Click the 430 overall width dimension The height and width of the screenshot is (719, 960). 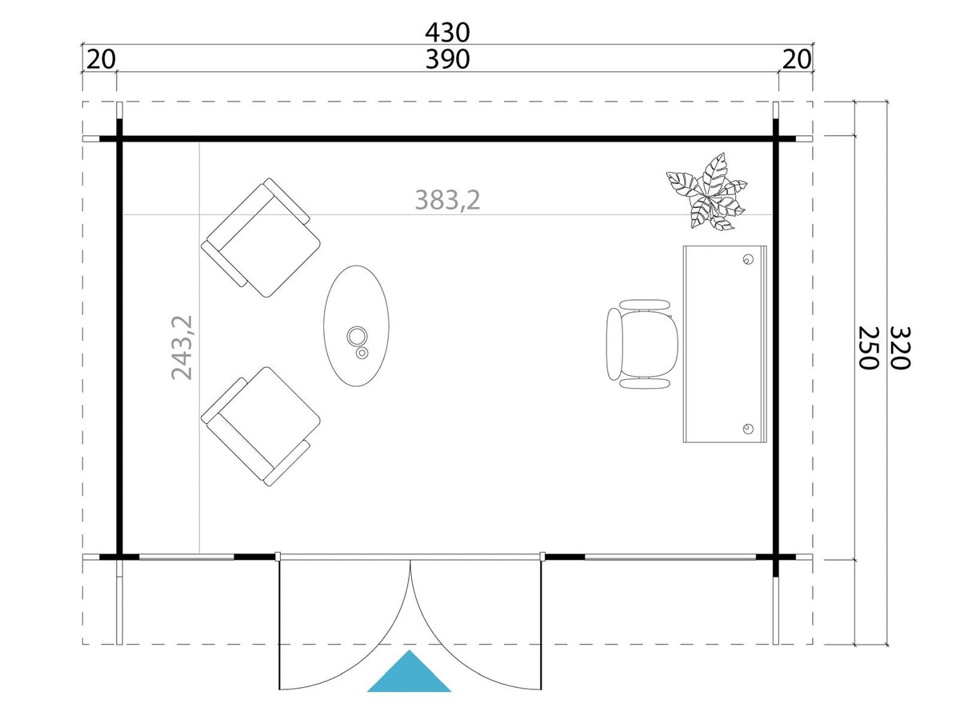click(x=447, y=32)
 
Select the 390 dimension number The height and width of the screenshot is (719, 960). click(x=447, y=59)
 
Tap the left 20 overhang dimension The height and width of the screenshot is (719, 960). click(x=101, y=59)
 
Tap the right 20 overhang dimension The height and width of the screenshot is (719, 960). click(x=796, y=59)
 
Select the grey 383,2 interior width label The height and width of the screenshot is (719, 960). click(x=447, y=200)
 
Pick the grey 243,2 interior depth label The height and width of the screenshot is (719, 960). click(x=182, y=347)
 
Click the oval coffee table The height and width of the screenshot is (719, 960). click(x=357, y=326)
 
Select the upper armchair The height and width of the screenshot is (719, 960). click(x=261, y=238)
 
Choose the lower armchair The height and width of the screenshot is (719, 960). click(x=261, y=426)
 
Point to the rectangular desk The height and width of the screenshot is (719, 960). click(x=725, y=344)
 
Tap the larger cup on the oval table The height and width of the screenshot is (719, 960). click(x=357, y=336)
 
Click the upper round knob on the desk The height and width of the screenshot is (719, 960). click(x=748, y=259)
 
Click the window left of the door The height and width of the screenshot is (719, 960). click(x=186, y=557)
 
